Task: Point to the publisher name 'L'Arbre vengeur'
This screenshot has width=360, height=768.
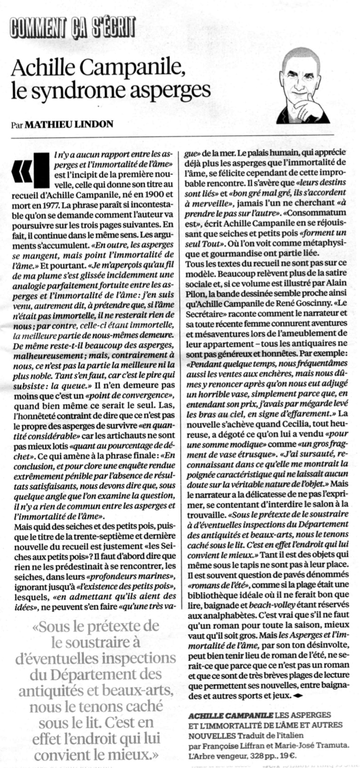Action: point(217,755)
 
